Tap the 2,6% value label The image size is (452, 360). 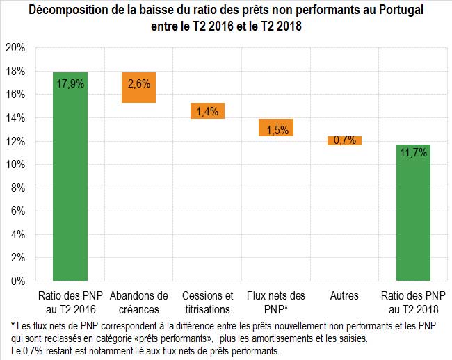pyautogui.click(x=139, y=85)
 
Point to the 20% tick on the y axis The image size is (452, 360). pyautogui.click(x=15, y=48)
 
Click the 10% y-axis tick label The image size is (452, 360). pyautogui.click(x=15, y=165)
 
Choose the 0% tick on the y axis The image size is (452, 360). pyautogui.click(x=18, y=281)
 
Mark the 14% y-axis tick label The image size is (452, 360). pyautogui.click(x=15, y=118)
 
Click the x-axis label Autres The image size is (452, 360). pyautogui.click(x=345, y=296)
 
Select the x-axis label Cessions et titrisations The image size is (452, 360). pyautogui.click(x=207, y=302)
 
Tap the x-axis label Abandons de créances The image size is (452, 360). pyautogui.click(x=139, y=302)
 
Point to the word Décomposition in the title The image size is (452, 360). pyautogui.click(x=69, y=11)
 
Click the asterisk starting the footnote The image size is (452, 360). pyautogui.click(x=13, y=325)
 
